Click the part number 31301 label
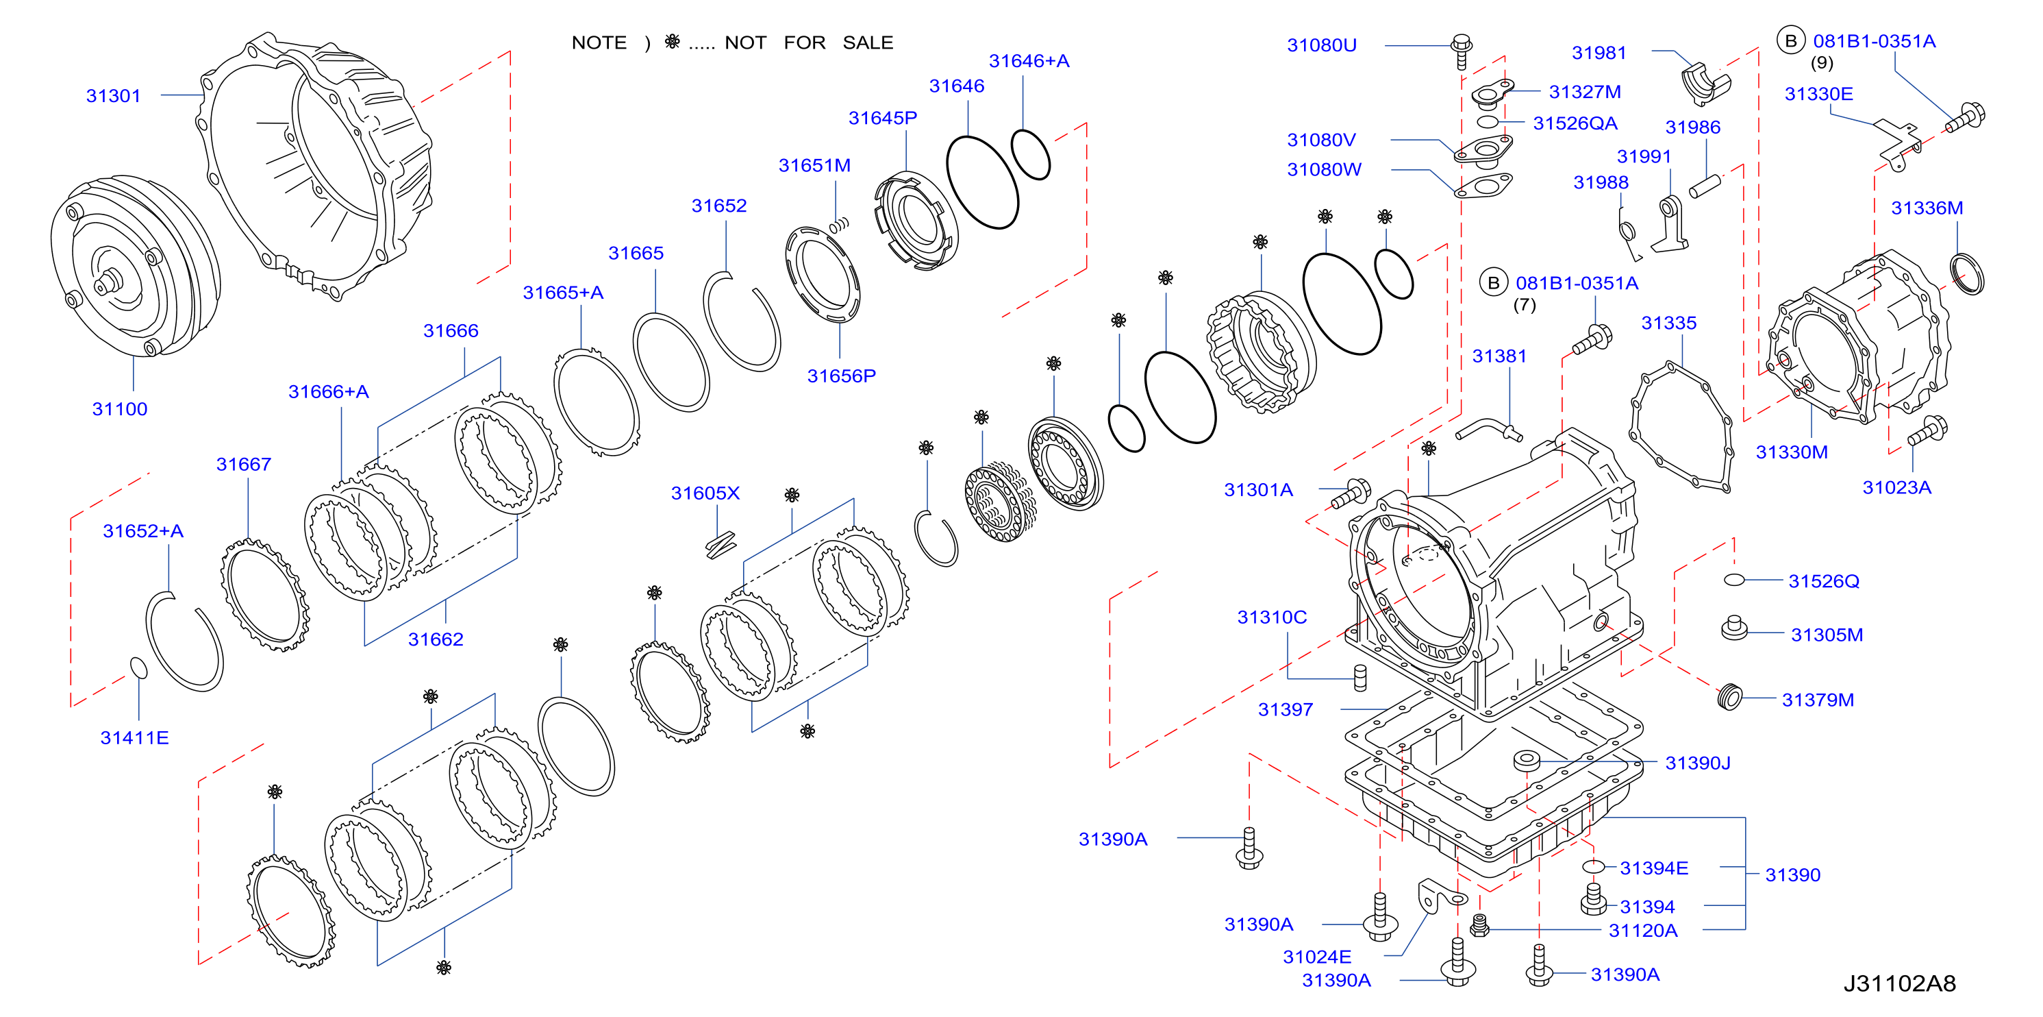coord(114,96)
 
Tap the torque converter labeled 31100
coord(135,267)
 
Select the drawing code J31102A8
coord(1899,983)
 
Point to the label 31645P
coord(883,118)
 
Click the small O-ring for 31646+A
coord(1031,154)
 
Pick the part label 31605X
coord(705,493)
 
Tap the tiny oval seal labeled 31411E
coord(139,668)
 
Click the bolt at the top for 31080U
coord(1461,51)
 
